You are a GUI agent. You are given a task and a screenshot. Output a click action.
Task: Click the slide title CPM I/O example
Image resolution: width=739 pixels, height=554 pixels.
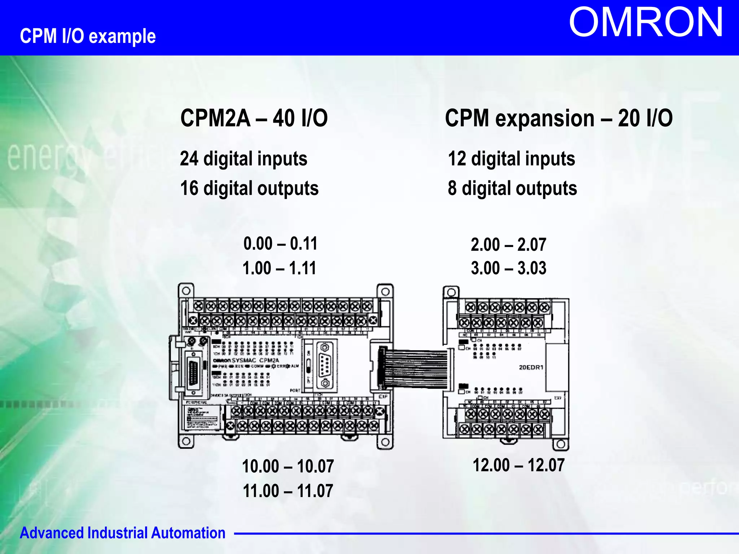pyautogui.click(x=88, y=36)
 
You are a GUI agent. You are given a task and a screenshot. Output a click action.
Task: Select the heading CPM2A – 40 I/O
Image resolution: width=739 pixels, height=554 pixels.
pyautogui.click(x=254, y=118)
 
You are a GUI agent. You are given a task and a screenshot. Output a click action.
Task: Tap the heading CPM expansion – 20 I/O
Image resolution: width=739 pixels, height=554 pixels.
pyautogui.click(x=559, y=118)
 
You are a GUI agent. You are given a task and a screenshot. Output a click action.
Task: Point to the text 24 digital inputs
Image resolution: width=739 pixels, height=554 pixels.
pyautogui.click(x=244, y=159)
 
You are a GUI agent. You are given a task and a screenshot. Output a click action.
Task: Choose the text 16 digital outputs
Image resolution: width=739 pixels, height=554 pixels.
pyautogui.click(x=249, y=188)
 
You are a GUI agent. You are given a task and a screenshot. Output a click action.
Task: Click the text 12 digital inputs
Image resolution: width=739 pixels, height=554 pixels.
pyautogui.click(x=511, y=159)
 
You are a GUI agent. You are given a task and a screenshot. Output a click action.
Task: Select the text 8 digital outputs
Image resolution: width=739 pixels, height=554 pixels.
pyautogui.click(x=512, y=188)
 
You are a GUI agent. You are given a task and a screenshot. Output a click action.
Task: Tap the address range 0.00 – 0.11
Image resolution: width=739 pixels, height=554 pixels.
pyautogui.click(x=280, y=243)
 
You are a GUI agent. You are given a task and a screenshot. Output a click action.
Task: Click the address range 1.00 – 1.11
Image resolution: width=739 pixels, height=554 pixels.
pyautogui.click(x=279, y=268)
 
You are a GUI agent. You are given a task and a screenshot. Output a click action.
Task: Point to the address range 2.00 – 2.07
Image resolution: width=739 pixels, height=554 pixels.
pyautogui.click(x=508, y=245)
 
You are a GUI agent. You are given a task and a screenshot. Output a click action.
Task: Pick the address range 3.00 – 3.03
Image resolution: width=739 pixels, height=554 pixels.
pyautogui.click(x=508, y=268)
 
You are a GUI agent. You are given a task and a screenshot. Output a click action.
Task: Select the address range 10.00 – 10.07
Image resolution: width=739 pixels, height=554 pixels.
pyautogui.click(x=288, y=466)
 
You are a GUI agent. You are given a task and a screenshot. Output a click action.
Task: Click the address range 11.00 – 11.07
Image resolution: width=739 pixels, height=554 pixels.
pyautogui.click(x=288, y=491)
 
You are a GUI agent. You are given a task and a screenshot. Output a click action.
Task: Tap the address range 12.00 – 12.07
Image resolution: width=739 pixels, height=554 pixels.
pyautogui.click(x=519, y=465)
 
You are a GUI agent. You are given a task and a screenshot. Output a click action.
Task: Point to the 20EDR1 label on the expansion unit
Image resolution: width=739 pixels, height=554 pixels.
pyautogui.click(x=531, y=368)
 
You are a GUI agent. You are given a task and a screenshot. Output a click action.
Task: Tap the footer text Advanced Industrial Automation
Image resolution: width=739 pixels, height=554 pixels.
pyautogui.click(x=123, y=533)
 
